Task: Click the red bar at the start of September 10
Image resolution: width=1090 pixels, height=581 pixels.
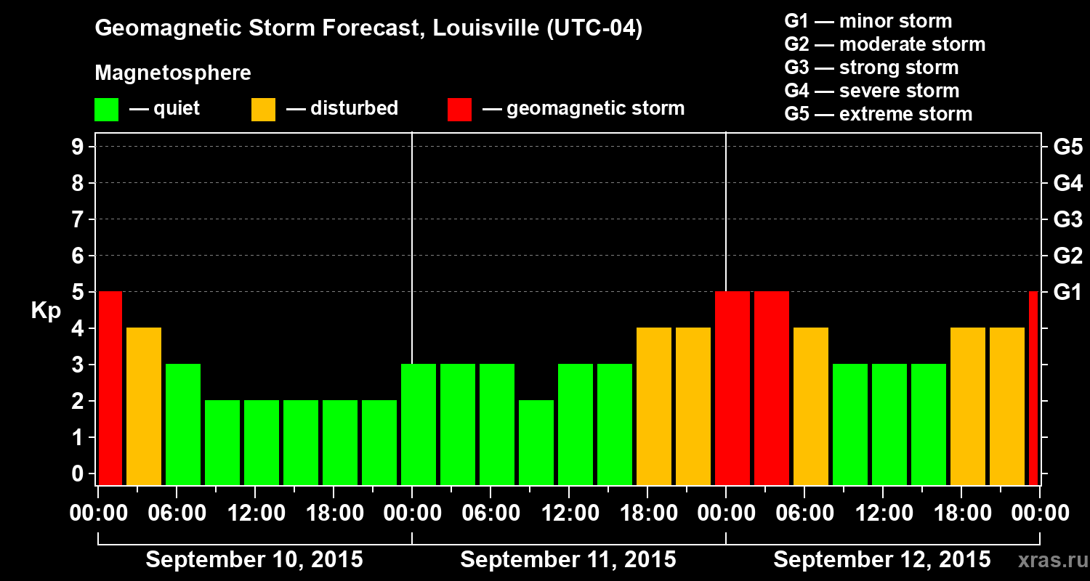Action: [x=110, y=388]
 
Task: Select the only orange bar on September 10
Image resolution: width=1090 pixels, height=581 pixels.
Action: [x=144, y=406]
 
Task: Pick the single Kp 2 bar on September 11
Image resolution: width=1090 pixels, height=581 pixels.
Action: [x=536, y=442]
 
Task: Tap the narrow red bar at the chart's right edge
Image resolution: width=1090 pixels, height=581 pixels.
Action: [x=1033, y=388]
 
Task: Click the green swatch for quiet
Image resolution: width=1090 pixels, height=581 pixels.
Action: [x=106, y=110]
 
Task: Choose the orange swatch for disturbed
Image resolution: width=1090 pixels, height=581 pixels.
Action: [x=263, y=110]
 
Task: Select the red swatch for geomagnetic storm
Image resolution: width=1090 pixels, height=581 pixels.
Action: [x=459, y=110]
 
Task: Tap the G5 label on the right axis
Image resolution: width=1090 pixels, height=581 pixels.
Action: [x=1067, y=147]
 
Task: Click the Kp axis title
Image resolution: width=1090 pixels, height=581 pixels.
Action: [x=46, y=311]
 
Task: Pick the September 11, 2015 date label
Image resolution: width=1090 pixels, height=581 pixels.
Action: [x=568, y=560]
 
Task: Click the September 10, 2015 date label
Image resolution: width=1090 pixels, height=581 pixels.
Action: [x=254, y=560]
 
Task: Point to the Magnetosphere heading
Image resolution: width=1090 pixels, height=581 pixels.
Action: [x=173, y=73]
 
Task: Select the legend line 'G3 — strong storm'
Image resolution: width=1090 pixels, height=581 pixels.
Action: [x=871, y=68]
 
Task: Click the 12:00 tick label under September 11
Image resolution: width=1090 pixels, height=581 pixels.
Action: [x=569, y=513]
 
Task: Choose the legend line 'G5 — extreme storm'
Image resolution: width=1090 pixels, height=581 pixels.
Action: [x=878, y=114]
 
